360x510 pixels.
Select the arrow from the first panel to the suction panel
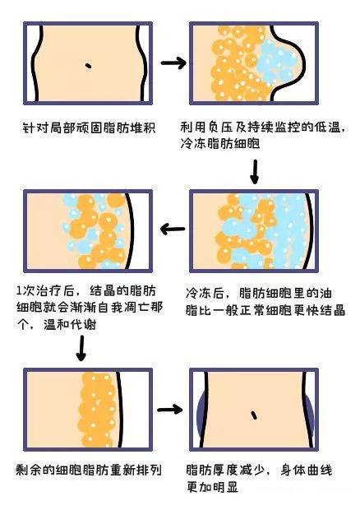(x=172, y=63)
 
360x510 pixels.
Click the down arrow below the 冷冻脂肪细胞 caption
(x=254, y=170)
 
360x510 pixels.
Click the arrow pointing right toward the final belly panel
(x=169, y=409)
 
